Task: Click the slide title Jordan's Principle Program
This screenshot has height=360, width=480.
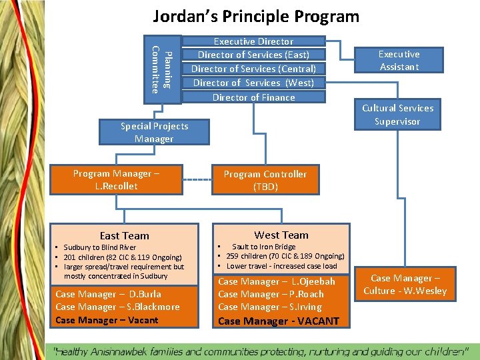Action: tap(256, 16)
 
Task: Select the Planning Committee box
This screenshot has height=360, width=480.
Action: tap(162, 69)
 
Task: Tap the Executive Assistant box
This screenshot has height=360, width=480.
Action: tap(399, 60)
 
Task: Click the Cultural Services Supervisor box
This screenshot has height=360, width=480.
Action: tap(397, 115)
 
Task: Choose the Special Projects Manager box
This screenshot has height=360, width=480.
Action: tap(154, 132)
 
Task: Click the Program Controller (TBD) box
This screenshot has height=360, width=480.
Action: tap(265, 180)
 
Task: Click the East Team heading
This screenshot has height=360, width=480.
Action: tap(124, 235)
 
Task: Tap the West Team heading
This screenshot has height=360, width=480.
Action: tap(281, 235)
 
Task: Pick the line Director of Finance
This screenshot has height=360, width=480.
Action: tap(253, 97)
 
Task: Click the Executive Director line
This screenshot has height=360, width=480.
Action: tap(253, 41)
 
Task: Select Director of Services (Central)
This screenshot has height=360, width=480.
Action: tap(253, 69)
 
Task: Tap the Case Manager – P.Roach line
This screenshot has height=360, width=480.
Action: tap(271, 294)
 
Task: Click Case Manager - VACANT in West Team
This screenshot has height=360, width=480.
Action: tap(278, 321)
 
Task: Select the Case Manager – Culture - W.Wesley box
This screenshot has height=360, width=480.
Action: tap(405, 285)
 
